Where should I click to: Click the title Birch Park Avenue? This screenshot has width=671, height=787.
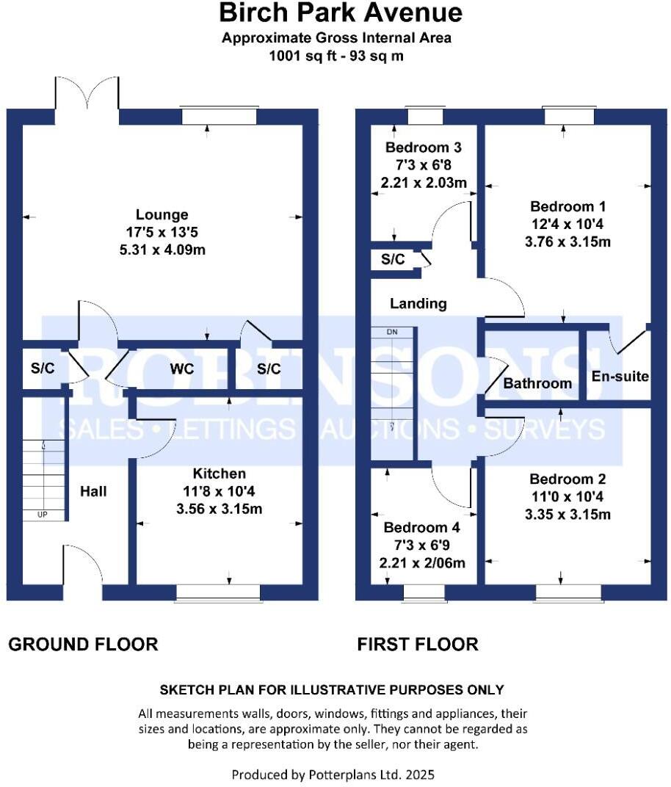click(x=341, y=12)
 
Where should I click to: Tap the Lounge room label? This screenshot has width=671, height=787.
click(x=162, y=214)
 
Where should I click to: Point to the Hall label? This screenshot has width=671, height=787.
click(x=93, y=491)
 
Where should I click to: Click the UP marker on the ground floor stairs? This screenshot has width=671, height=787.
click(x=42, y=515)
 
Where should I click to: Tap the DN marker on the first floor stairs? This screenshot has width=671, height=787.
click(x=391, y=333)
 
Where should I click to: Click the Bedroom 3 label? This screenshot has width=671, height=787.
click(x=424, y=147)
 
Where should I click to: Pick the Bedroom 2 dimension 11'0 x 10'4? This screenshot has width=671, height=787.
click(x=568, y=496)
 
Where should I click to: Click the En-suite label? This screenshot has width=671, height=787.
click(x=620, y=377)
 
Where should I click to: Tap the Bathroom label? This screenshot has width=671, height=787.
click(x=537, y=383)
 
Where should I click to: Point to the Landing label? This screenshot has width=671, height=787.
click(x=418, y=302)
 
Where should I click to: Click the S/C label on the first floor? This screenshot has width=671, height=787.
click(x=393, y=260)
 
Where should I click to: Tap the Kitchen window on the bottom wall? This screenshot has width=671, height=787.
click(x=218, y=592)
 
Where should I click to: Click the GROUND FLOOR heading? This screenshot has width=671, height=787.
click(x=83, y=645)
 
